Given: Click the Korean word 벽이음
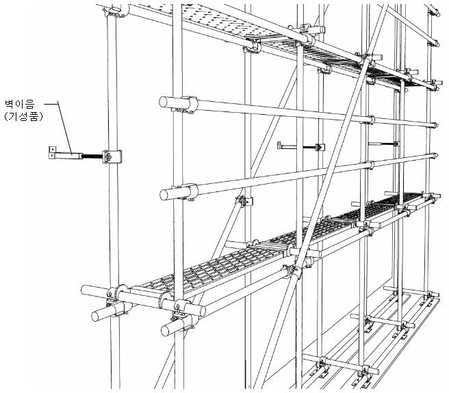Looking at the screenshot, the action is tap(20, 103).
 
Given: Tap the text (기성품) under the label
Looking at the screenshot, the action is tap(23, 116).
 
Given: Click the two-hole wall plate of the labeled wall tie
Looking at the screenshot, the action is tap(52, 152).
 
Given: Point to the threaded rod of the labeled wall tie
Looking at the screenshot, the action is tap(92, 156).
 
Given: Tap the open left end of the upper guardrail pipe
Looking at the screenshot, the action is tap(164, 102).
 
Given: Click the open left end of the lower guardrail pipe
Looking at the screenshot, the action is tap(164, 195).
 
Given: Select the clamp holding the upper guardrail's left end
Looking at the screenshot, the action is tap(188, 105).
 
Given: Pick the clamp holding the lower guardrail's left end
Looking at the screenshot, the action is tap(188, 191).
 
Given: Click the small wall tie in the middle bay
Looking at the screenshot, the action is tap(300, 147).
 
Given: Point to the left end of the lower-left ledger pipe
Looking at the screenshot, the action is tap(86, 290).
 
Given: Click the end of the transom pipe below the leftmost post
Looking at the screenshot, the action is tap(97, 316).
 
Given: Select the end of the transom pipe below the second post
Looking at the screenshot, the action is tap(166, 330).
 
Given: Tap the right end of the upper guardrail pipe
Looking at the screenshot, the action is tap(435, 125).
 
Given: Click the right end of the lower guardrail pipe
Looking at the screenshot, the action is tap(435, 155).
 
